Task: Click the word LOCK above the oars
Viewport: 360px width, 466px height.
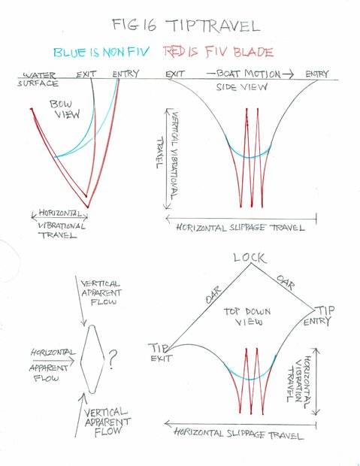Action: tap(250, 258)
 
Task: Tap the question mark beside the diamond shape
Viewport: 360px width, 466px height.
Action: tap(113, 359)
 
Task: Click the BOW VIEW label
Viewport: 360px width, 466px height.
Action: tap(65, 109)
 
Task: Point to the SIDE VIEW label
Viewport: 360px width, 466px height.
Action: tap(241, 86)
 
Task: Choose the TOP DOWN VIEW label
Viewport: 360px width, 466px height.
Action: tap(247, 316)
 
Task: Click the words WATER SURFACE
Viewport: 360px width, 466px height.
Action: tap(38, 79)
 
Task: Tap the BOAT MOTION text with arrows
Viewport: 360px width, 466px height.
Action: tap(250, 74)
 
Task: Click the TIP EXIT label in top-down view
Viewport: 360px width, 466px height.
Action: tap(159, 353)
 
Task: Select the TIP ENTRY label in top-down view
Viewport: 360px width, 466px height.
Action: tap(318, 316)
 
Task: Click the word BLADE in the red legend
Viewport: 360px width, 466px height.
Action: tap(253, 53)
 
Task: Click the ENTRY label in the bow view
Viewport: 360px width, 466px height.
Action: tap(126, 74)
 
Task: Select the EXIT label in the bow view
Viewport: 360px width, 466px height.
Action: tap(86, 74)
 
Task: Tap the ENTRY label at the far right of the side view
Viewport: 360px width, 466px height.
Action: tap(317, 74)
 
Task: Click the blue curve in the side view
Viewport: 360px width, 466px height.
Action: tap(249, 157)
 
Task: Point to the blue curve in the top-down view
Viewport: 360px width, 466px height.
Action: tap(250, 380)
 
